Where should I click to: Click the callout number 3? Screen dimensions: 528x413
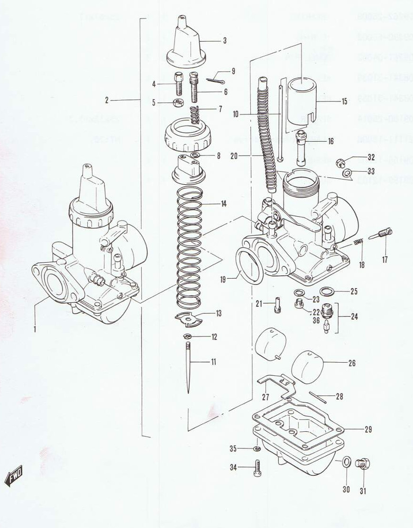pos(225,41)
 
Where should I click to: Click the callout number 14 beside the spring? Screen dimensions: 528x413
pos(223,204)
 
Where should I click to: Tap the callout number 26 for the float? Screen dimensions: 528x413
pos(351,364)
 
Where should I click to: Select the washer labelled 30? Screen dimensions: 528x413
pos(346,461)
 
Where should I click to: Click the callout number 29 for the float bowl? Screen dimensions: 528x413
pos(368,430)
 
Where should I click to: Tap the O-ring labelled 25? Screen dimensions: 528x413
pos(327,291)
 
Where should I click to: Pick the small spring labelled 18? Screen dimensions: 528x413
pos(359,243)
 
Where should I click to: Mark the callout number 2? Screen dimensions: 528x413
pos(107,100)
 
